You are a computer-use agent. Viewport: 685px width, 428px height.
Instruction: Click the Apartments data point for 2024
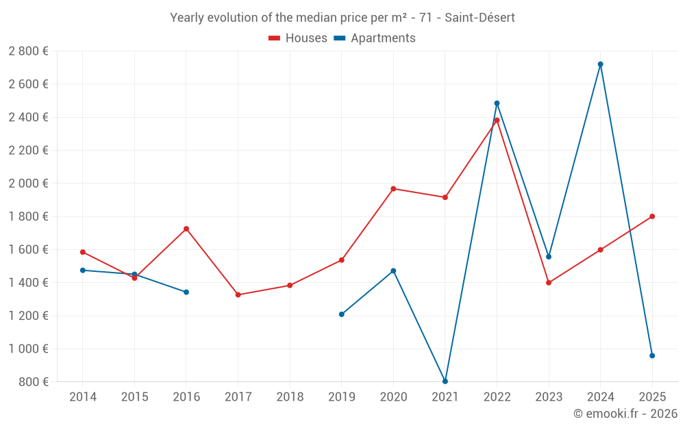coord(601,64)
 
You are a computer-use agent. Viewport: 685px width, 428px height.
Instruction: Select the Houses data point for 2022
coord(497,121)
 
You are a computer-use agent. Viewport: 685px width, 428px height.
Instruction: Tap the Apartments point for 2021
coord(445,381)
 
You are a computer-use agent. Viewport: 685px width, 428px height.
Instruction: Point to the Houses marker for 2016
coord(186,229)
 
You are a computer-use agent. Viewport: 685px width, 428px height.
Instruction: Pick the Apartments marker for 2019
coord(342,314)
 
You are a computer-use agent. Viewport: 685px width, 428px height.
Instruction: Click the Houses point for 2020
coord(393,189)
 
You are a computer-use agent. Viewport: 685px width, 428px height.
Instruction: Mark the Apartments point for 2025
coord(652,355)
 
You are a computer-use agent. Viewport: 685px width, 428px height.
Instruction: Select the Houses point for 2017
coord(238,295)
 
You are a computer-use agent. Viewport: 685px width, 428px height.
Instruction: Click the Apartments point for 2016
coord(186,292)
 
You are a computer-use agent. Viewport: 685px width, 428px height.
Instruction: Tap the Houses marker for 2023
coord(549,283)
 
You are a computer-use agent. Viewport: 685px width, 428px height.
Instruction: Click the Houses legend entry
coord(298,38)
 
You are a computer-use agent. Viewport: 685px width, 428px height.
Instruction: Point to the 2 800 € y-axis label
coord(28,51)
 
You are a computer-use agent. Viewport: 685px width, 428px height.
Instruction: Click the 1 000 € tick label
coord(28,349)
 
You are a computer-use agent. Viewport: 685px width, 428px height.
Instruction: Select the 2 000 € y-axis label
coord(28,184)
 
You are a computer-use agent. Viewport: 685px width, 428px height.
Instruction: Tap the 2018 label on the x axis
coord(290,397)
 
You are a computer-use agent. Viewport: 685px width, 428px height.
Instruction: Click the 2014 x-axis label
coord(83,397)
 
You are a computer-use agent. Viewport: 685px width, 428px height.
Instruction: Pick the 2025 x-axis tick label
coord(652,397)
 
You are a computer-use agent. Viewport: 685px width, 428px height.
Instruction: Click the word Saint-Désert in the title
coord(480,18)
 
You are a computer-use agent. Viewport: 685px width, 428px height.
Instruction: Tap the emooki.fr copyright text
coord(625,414)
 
